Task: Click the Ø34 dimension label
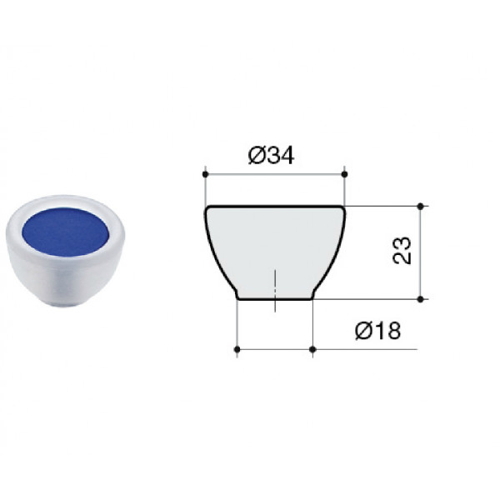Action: [271, 156]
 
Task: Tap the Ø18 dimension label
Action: [377, 330]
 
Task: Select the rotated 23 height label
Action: [402, 250]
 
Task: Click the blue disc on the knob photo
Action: [66, 232]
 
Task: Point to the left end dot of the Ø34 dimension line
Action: [205, 174]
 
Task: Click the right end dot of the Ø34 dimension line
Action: [344, 174]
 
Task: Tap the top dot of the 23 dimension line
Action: [421, 207]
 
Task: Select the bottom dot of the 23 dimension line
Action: [421, 299]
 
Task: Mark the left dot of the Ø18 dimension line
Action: [237, 349]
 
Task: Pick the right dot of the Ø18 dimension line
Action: [312, 349]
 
